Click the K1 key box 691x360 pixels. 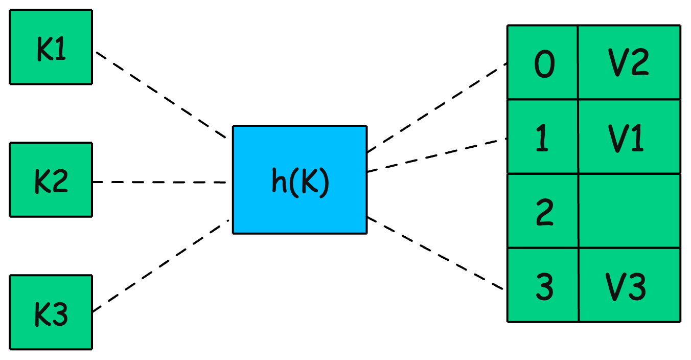pyautogui.click(x=51, y=47)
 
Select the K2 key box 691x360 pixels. pyautogui.click(x=51, y=179)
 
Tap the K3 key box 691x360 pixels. pyautogui.click(x=51, y=312)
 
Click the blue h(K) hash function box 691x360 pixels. pyautogui.click(x=300, y=179)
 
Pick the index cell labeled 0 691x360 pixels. pyautogui.click(x=543, y=62)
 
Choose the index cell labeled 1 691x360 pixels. pyautogui.click(x=543, y=137)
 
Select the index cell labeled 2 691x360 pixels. pyautogui.click(x=543, y=211)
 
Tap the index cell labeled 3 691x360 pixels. pyautogui.click(x=543, y=285)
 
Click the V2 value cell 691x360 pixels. pyautogui.click(x=629, y=62)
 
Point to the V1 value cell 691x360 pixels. pyautogui.click(x=629, y=137)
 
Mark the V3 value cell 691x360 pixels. pyautogui.click(x=629, y=285)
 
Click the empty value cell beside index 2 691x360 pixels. pyautogui.click(x=629, y=211)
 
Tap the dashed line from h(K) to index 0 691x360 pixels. pyautogui.click(x=437, y=107)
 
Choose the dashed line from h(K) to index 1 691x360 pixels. pyautogui.click(x=437, y=155)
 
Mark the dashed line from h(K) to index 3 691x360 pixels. pyautogui.click(x=437, y=254)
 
